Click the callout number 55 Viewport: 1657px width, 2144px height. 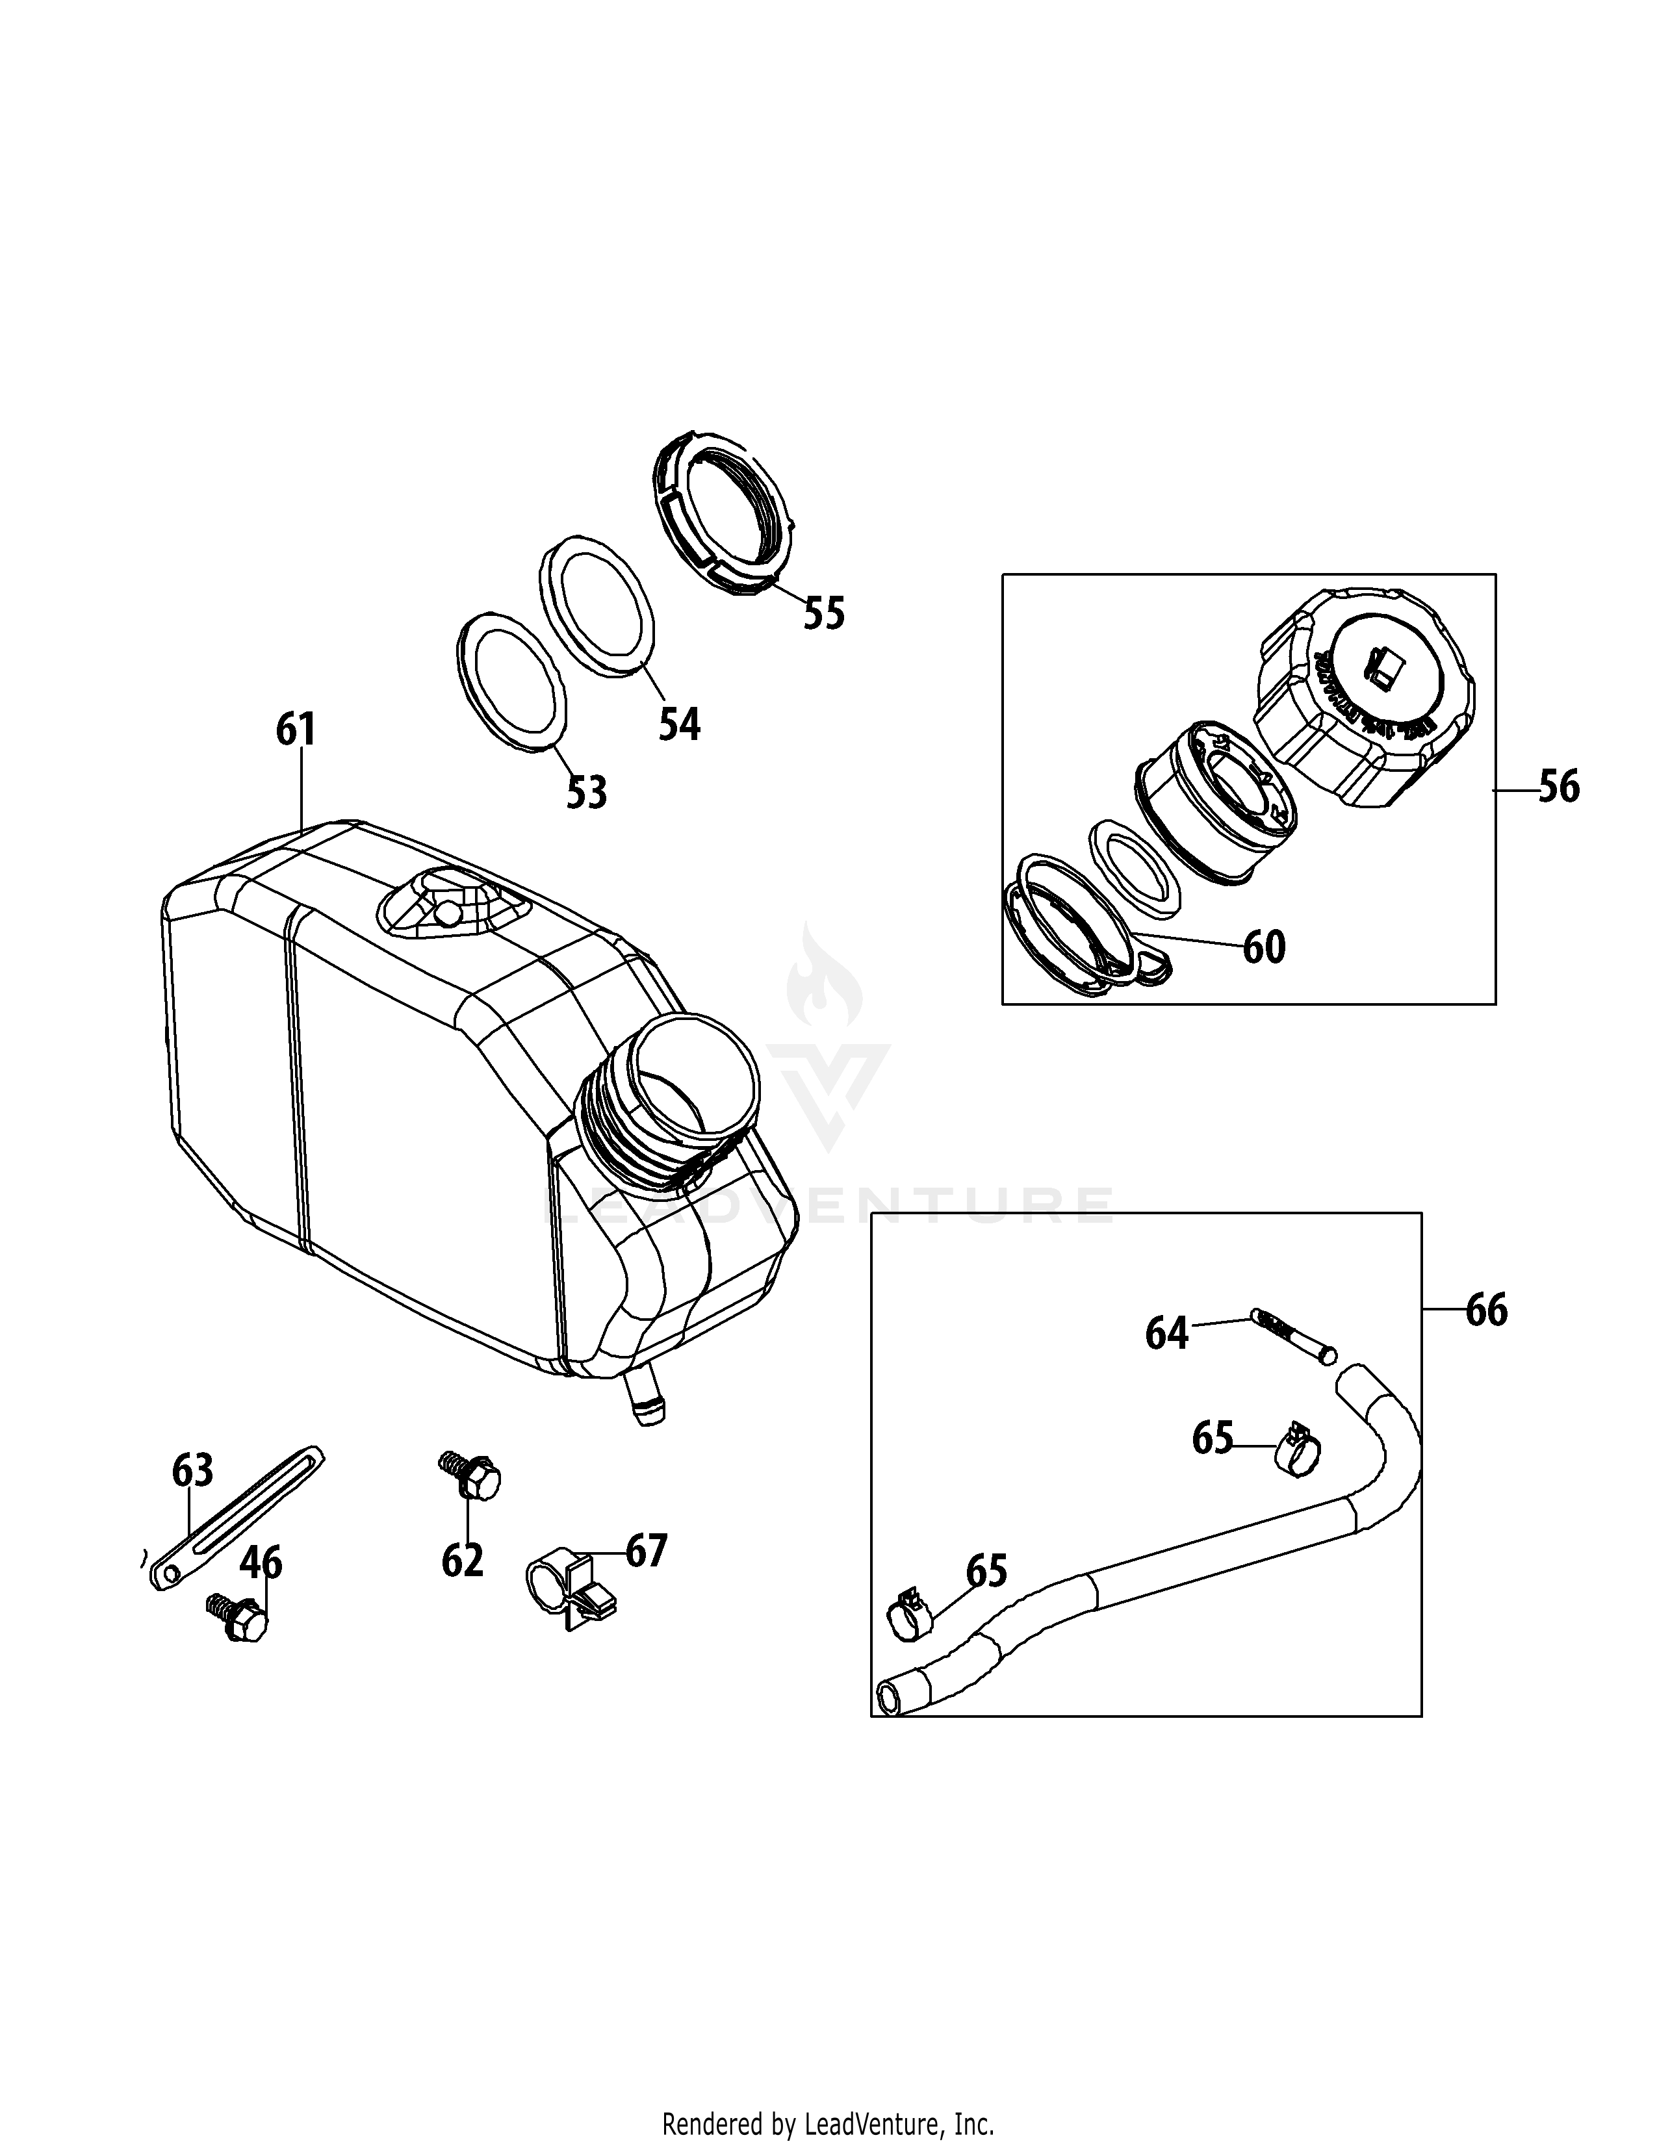(x=823, y=613)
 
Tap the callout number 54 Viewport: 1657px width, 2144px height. (x=679, y=724)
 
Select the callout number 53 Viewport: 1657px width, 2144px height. (x=587, y=792)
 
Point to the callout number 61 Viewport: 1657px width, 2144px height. (x=296, y=730)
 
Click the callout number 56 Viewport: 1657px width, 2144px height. (x=1559, y=787)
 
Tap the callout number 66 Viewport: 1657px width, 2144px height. (x=1486, y=1310)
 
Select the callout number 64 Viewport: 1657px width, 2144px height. (x=1167, y=1333)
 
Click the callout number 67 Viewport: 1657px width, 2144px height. (x=646, y=1551)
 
